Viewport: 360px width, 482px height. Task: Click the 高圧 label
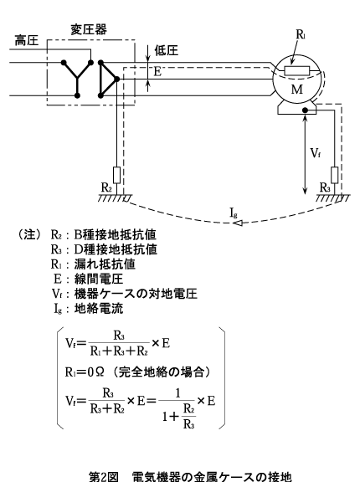click(x=27, y=40)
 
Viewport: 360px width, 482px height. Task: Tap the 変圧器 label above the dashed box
click(x=89, y=29)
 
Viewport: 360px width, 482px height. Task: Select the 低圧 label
click(x=167, y=50)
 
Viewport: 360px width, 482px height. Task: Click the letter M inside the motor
click(x=297, y=90)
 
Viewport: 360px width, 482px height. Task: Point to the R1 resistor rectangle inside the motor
click(x=296, y=70)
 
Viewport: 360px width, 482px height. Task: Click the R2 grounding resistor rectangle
click(x=117, y=175)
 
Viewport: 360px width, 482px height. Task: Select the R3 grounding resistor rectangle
click(x=335, y=175)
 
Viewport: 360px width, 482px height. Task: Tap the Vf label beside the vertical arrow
click(x=315, y=153)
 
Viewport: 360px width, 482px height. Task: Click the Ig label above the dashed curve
click(x=234, y=213)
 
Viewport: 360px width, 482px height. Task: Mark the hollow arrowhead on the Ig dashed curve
click(x=237, y=223)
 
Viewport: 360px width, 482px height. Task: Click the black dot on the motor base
click(x=305, y=110)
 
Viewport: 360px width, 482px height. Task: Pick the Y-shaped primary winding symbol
click(x=77, y=79)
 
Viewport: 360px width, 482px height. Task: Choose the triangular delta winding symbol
click(x=108, y=79)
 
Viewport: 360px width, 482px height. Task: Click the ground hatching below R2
click(x=116, y=198)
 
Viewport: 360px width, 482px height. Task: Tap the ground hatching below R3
click(x=333, y=198)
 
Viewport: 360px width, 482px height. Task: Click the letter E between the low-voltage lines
click(x=157, y=72)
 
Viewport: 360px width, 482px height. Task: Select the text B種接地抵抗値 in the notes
click(x=116, y=234)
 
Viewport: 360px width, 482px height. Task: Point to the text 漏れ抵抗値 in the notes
click(x=105, y=264)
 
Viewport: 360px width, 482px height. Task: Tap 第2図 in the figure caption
click(x=104, y=476)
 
